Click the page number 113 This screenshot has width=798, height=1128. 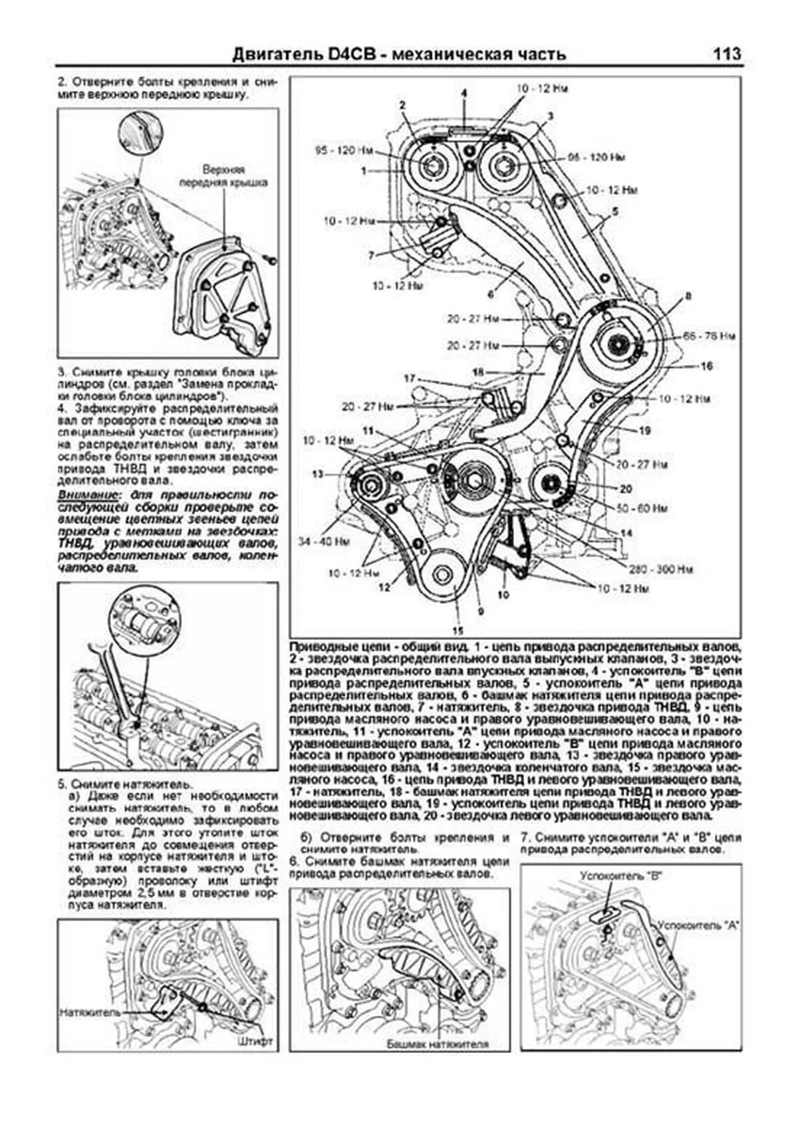pos(726,54)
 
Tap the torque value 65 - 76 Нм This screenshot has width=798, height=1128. pos(710,337)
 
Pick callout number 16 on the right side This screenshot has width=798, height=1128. pos(706,366)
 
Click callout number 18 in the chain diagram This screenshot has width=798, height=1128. pos(477,372)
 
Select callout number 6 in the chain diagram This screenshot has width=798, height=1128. pos(490,292)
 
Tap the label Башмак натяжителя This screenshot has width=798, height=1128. pos(438,1044)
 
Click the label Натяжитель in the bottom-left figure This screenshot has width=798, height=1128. pos(90,1012)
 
